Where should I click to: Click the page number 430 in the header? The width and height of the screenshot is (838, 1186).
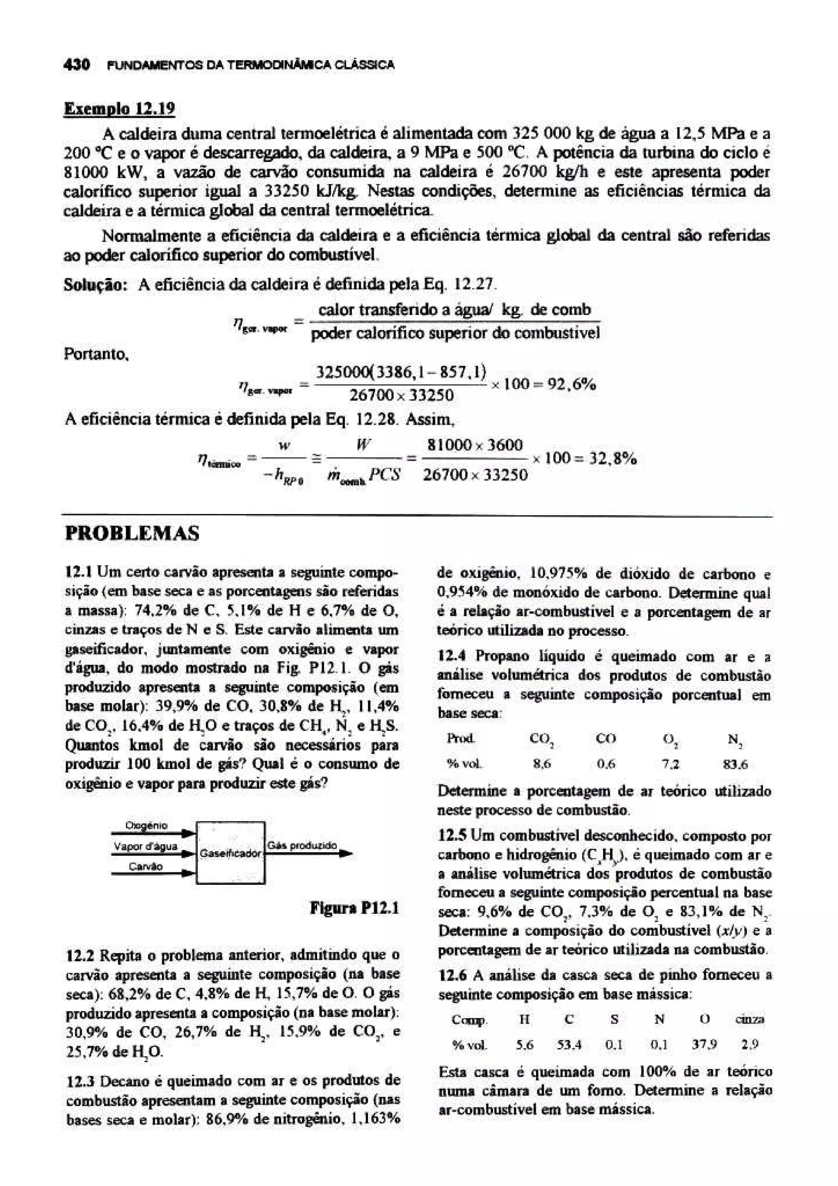coord(77,65)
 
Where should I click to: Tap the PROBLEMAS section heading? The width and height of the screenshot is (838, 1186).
coord(132,532)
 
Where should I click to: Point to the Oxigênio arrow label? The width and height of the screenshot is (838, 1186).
coord(146,826)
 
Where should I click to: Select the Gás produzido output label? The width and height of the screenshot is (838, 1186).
coord(302,846)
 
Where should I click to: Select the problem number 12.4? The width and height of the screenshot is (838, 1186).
coord(452,656)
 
